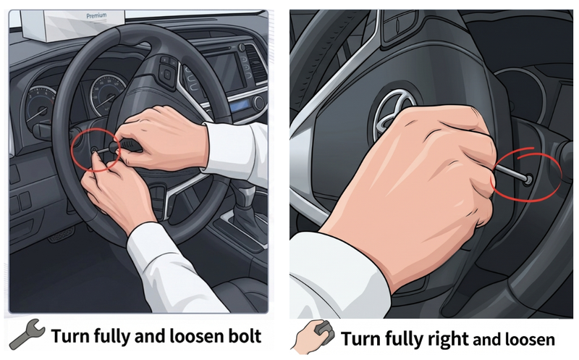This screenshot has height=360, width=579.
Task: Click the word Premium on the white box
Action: click(96, 16)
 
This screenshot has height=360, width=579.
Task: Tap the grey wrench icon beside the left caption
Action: click(28, 334)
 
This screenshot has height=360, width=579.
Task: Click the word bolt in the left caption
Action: click(245, 336)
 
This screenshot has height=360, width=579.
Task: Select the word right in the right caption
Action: click(448, 339)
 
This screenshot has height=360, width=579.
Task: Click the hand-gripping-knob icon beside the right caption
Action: click(313, 335)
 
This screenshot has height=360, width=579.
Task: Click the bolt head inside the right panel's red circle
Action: click(528, 179)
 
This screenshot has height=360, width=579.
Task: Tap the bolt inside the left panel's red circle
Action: click(94, 151)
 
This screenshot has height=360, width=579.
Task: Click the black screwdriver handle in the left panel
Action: click(130, 145)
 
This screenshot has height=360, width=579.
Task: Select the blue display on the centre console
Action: click(239, 107)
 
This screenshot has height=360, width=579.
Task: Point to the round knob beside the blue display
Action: click(258, 102)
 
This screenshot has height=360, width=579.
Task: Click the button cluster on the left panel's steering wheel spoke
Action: click(167, 72)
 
